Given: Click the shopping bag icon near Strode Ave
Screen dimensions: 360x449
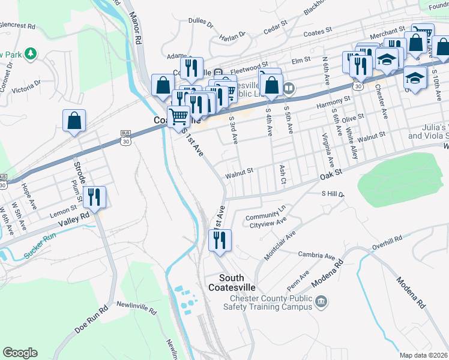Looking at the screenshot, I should pos(74,121).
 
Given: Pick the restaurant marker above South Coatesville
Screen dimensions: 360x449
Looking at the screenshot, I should pos(220,240).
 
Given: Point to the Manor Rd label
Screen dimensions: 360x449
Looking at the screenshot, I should pos(137,31).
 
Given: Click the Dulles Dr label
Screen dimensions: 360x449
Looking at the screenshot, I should pos(200,23).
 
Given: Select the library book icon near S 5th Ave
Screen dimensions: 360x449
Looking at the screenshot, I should pos(289,89).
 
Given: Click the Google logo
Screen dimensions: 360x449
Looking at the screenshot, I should pos(20,353).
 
